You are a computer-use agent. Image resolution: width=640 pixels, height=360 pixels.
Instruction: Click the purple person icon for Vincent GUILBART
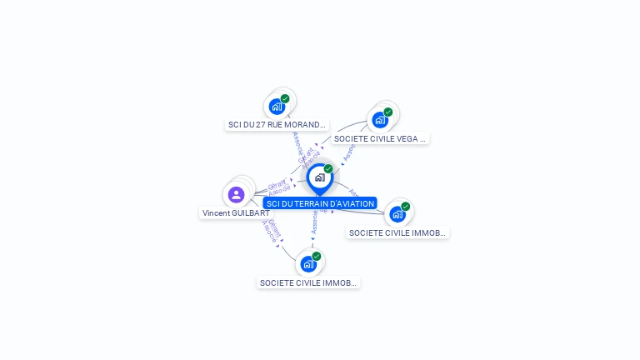[x=236, y=195]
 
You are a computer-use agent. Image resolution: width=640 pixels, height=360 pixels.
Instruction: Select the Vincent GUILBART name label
[x=236, y=213]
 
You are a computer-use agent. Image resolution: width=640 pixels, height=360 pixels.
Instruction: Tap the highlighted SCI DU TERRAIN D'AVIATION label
[x=320, y=203]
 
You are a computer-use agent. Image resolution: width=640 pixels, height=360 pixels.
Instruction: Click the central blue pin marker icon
[x=319, y=177]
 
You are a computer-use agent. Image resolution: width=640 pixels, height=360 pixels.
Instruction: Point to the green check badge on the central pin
[x=328, y=169]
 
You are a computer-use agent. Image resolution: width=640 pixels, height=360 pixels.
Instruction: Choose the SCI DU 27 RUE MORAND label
[x=277, y=125]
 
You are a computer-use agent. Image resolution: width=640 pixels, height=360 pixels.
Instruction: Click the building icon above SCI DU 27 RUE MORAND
[x=277, y=107]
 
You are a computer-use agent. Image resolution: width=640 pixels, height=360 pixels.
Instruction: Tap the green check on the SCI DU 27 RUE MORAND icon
[x=285, y=99]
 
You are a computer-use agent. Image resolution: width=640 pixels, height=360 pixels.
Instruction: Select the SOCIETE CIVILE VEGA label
[x=380, y=139]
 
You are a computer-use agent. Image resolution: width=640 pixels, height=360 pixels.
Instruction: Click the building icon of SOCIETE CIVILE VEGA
[x=380, y=119]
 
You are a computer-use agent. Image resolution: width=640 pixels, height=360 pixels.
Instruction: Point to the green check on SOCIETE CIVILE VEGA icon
[x=388, y=112]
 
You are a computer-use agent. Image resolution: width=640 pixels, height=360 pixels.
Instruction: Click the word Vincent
[x=216, y=213]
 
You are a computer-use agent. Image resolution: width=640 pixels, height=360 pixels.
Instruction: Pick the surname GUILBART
[x=251, y=213]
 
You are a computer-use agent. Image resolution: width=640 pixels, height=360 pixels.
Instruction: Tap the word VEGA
[x=410, y=139]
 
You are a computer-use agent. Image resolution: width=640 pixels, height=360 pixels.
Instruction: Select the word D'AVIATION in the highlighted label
[x=352, y=203]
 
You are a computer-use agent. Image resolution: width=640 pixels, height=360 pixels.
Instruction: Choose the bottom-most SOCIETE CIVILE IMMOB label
[x=308, y=283]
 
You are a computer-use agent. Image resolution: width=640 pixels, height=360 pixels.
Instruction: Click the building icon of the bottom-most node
[x=308, y=264]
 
